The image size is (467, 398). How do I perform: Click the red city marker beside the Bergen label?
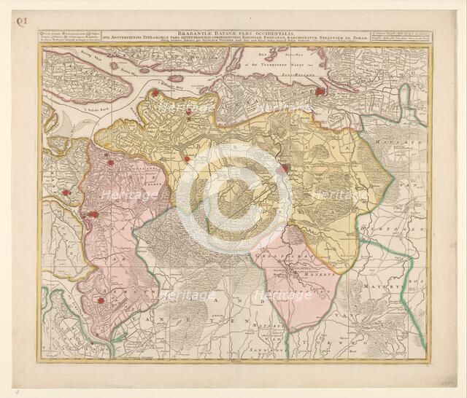[x=101, y=300]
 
